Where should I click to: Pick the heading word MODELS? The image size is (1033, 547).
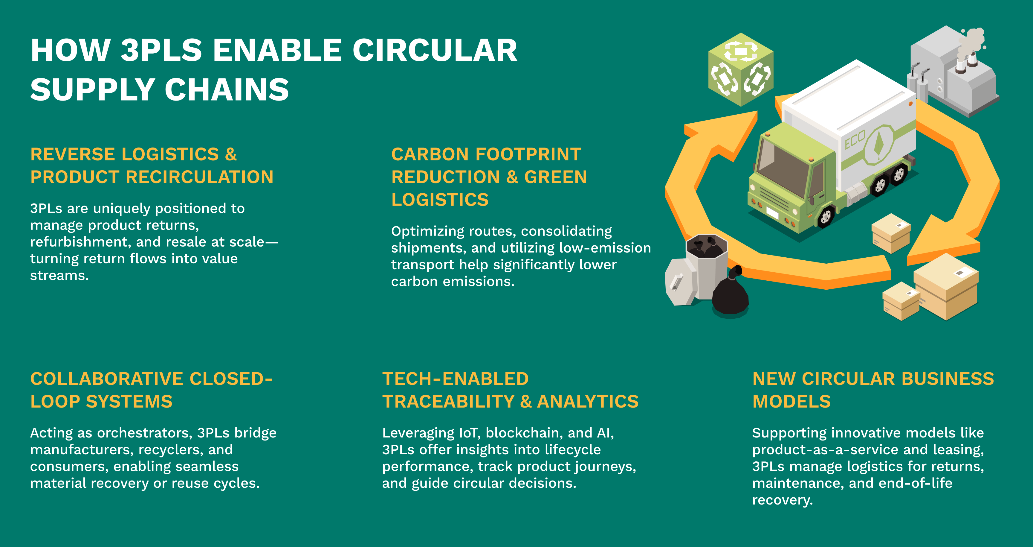point(791,402)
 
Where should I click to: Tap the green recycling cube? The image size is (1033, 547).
point(741,69)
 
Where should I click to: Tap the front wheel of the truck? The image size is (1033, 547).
point(826,217)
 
